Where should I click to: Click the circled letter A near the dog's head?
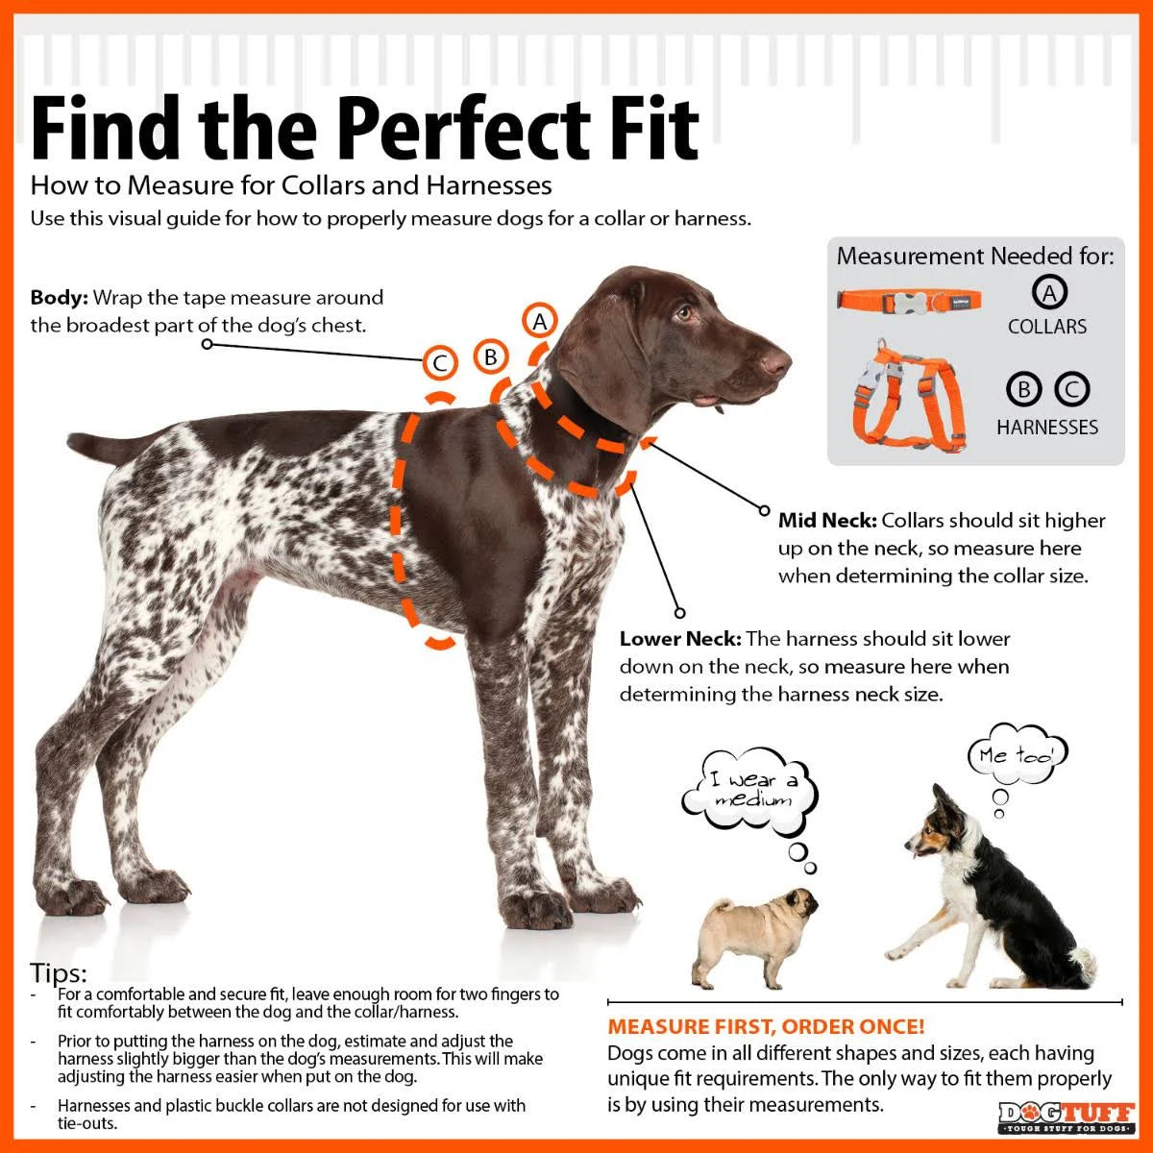[x=540, y=321]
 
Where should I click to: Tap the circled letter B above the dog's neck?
[x=490, y=357]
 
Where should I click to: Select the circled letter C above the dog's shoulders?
[x=440, y=363]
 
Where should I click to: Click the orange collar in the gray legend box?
[x=908, y=299]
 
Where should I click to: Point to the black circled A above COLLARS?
[x=1049, y=292]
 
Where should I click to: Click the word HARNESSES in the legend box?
[x=1046, y=427]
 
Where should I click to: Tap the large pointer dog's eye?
[x=683, y=312]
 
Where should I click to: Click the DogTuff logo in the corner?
[x=1066, y=1116]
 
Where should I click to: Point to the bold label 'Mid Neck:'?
[x=826, y=521]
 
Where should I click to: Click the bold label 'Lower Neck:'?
[x=679, y=639]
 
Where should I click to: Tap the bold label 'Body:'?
[x=59, y=298]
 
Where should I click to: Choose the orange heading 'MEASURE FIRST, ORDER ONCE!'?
[x=766, y=1027]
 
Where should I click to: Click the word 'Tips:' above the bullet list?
[x=58, y=972]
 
